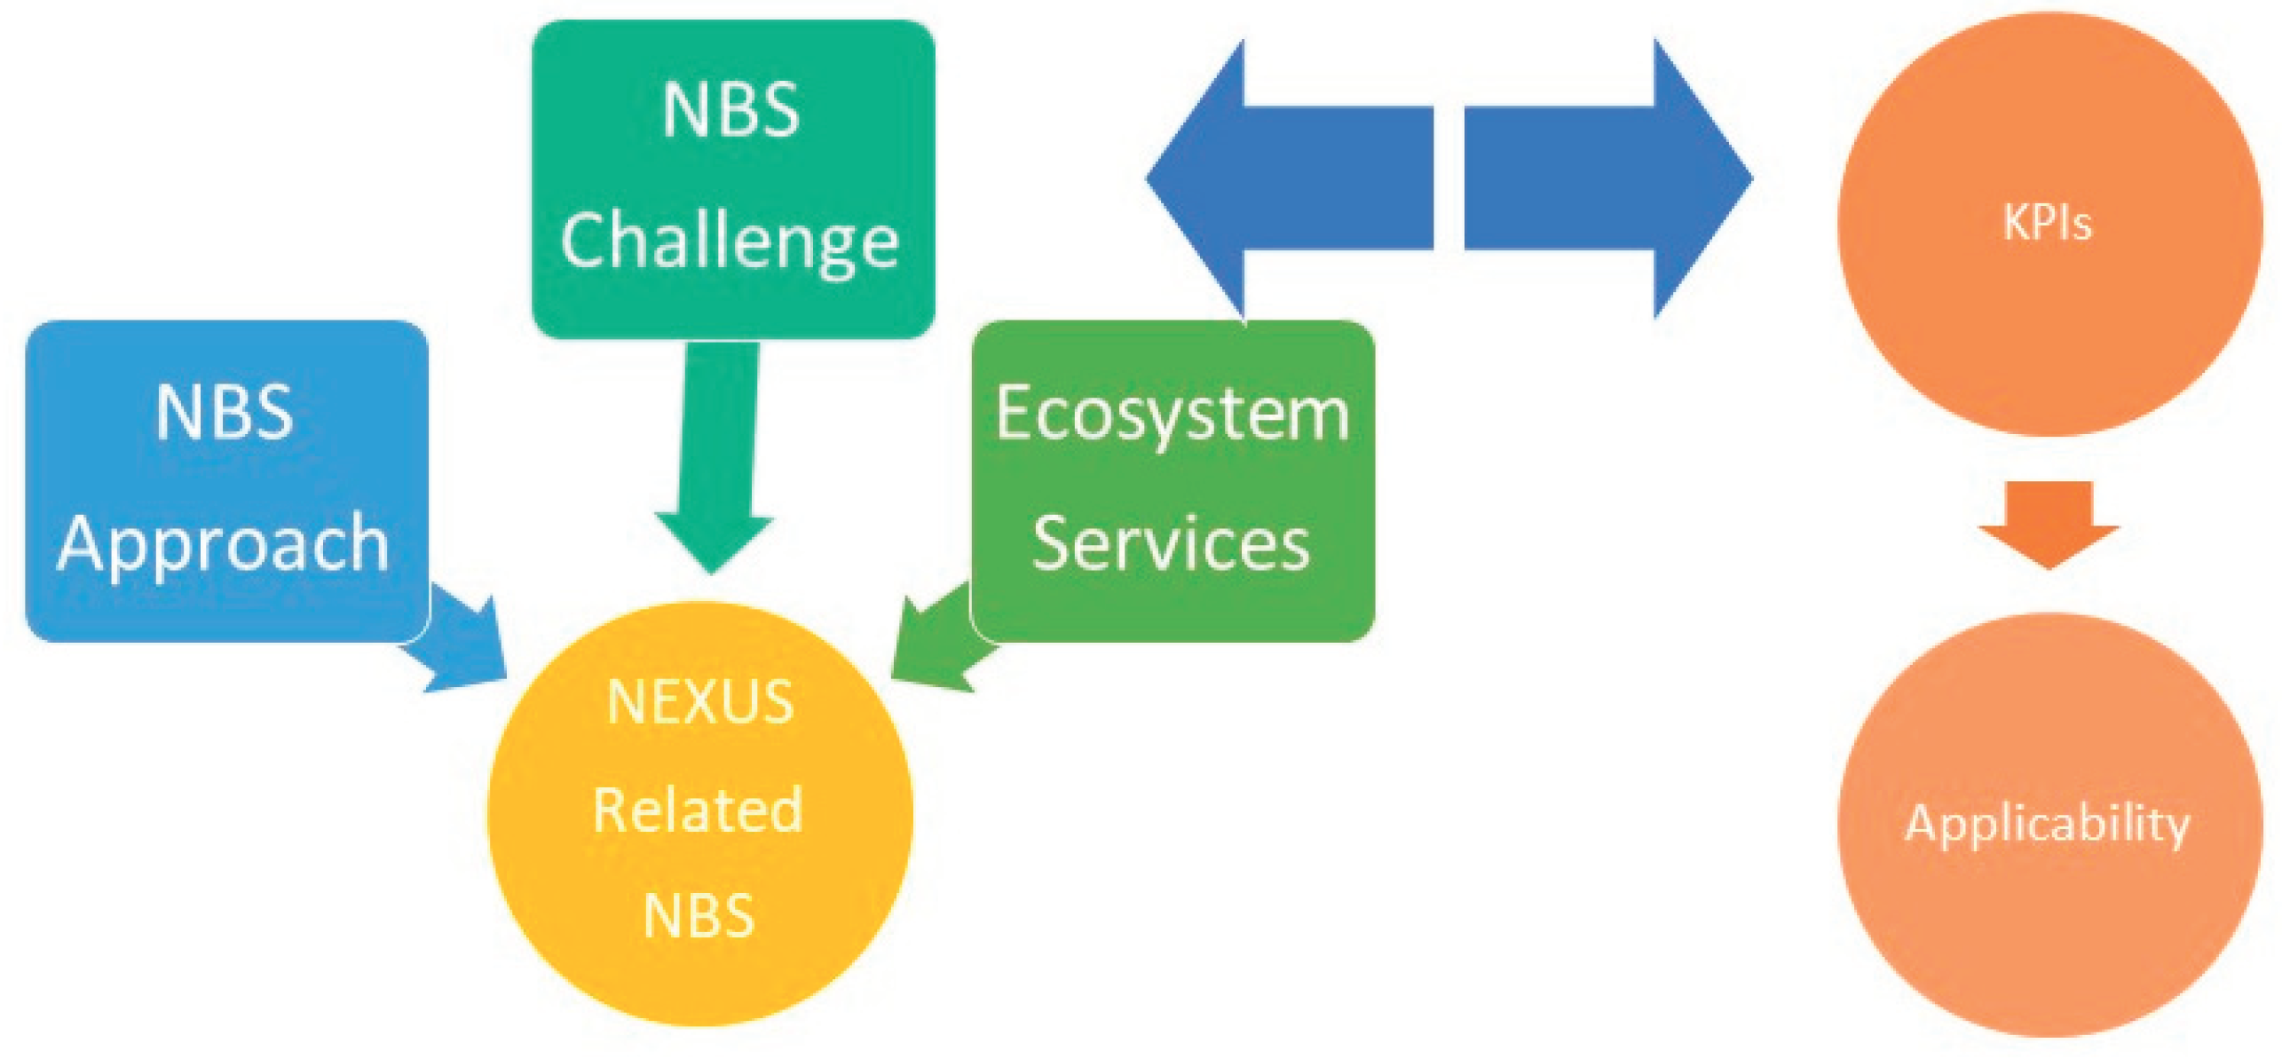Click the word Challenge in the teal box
pyautogui.click(x=730, y=241)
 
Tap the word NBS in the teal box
pyautogui.click(x=730, y=110)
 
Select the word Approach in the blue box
pyautogui.click(x=224, y=544)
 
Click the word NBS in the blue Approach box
pyautogui.click(x=224, y=413)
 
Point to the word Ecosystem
pyautogui.click(x=1173, y=414)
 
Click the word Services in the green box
pyautogui.click(x=1172, y=544)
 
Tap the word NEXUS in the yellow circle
pyautogui.click(x=700, y=702)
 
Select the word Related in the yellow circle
pyautogui.click(x=699, y=810)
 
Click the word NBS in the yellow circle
pyautogui.click(x=699, y=916)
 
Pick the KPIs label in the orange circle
pyautogui.click(x=2048, y=222)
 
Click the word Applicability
pyautogui.click(x=2048, y=824)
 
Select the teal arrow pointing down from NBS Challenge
pyautogui.click(x=715, y=462)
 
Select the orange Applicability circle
pyautogui.click(x=2048, y=932)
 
